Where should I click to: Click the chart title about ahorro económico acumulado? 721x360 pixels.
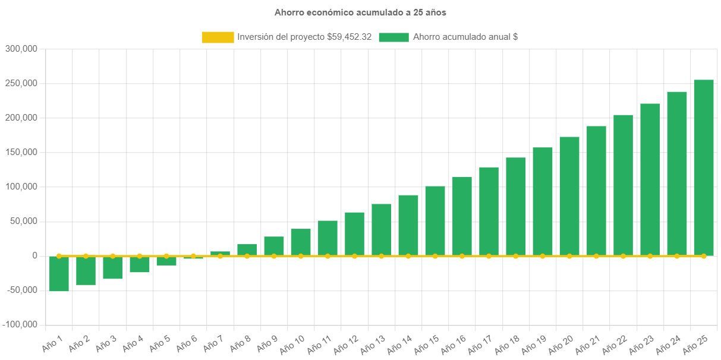[360, 12]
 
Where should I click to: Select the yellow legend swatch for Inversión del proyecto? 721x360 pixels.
[218, 37]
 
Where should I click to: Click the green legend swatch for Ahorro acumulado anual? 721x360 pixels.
[393, 37]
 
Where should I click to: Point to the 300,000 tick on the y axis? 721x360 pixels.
[22, 49]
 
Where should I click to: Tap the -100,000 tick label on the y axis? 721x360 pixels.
[21, 324]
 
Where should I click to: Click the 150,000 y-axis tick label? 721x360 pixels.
[22, 152]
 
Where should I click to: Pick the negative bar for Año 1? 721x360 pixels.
[59, 274]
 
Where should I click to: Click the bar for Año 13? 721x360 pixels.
[382, 229]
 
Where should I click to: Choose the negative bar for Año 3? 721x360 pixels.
[112, 267]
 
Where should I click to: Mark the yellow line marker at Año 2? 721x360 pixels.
[86, 255]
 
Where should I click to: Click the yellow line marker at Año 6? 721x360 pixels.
[193, 255]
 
